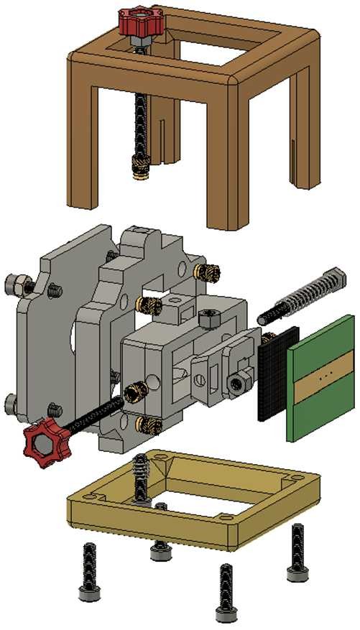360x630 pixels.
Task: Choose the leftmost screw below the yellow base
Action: (88, 570)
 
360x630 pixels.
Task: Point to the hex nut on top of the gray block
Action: (208, 318)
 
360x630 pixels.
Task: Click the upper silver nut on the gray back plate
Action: (15, 282)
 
